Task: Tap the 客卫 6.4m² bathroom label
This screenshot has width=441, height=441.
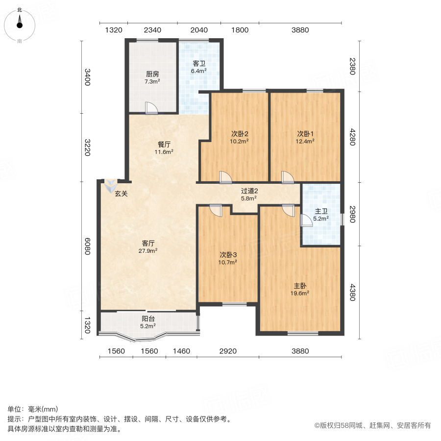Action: [199, 67]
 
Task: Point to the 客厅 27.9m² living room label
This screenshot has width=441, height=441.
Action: [148, 246]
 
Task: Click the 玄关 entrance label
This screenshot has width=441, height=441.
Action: [121, 194]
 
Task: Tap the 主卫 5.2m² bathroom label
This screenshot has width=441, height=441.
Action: [321, 215]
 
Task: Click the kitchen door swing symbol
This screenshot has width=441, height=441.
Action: [151, 108]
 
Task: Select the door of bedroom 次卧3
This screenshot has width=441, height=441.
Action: [216, 211]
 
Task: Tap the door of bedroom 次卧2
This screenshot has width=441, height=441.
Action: [225, 177]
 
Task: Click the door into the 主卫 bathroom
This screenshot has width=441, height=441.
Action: [306, 220]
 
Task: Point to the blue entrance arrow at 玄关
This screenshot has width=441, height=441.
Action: [111, 186]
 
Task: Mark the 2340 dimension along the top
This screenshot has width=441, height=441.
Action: [152, 30]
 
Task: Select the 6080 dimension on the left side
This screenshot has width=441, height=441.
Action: [88, 246]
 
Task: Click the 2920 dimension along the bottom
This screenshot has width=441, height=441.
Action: [228, 351]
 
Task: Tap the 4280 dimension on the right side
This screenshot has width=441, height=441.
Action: [352, 137]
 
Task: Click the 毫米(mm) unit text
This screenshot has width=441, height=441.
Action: [43, 409]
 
